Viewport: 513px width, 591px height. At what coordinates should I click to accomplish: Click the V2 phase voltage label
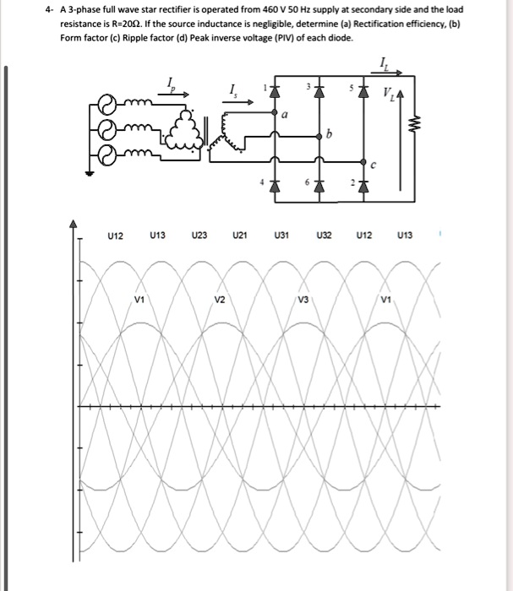coord(220,300)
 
